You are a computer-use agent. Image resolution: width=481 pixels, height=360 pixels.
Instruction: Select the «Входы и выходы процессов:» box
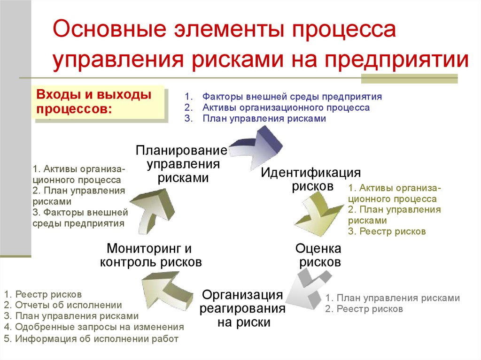click(100, 103)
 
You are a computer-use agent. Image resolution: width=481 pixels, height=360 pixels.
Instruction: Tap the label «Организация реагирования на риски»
click(242, 308)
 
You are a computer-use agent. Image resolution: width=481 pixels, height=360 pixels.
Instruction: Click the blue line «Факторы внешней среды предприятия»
click(292, 97)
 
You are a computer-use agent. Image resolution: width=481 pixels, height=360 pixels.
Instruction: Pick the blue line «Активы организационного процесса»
click(286, 107)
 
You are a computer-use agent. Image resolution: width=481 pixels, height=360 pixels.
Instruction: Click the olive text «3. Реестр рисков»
click(387, 231)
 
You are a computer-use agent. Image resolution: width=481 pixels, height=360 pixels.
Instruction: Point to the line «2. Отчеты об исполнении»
click(63, 305)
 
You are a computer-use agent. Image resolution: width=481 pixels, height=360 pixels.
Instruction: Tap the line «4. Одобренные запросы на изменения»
click(94, 327)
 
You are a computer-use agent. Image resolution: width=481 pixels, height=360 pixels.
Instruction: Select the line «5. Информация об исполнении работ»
click(91, 338)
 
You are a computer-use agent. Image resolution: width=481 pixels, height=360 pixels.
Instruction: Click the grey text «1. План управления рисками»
click(392, 298)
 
